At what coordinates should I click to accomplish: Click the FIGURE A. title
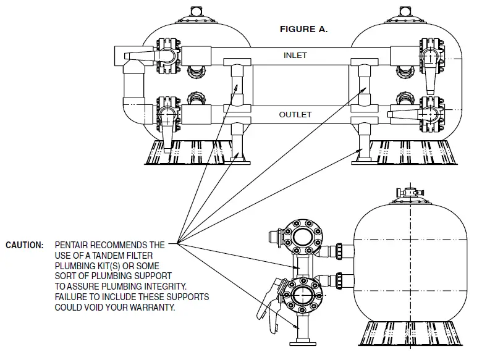point(303,28)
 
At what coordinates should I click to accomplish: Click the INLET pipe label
point(295,56)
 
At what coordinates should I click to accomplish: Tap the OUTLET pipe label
point(295,115)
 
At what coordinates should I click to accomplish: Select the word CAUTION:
point(24,245)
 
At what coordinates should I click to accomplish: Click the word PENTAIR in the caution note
point(74,245)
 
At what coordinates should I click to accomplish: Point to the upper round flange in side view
point(302,237)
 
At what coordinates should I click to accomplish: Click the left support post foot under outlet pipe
point(237,161)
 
